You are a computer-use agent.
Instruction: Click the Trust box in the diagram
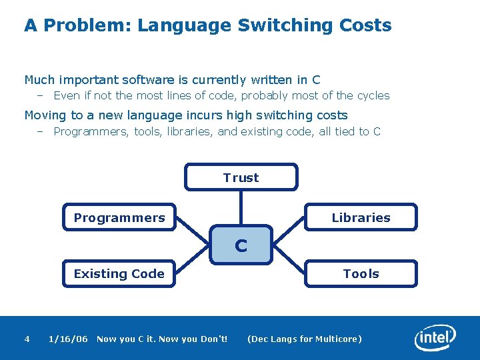pyautogui.click(x=241, y=177)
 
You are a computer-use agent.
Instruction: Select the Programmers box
pyautogui.click(x=119, y=217)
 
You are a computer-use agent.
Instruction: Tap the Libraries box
pyautogui.click(x=361, y=217)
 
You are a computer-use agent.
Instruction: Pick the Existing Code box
pyautogui.click(x=119, y=273)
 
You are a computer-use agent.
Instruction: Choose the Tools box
pyautogui.click(x=361, y=273)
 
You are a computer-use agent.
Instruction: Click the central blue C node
pyautogui.click(x=241, y=245)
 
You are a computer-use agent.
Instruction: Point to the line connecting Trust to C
pyautogui.click(x=241, y=207)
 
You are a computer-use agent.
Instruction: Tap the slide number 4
pyautogui.click(x=27, y=339)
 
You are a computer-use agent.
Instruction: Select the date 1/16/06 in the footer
pyautogui.click(x=68, y=339)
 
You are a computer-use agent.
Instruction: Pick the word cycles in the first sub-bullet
pyautogui.click(x=372, y=95)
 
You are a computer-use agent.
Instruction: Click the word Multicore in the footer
pyautogui.click(x=338, y=339)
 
